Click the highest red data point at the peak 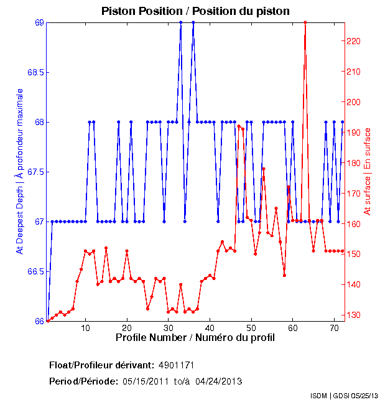coord(305,22)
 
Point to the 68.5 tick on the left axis coord(35,72)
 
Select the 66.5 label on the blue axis coord(35,271)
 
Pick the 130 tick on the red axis coord(353,315)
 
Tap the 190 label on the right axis coord(353,133)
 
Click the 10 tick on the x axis coord(85,327)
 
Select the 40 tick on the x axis coord(210,327)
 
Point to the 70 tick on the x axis coord(334,327)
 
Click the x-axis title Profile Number coord(195,337)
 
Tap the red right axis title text coord(368,171)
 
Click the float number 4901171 coord(180,365)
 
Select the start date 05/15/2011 coord(146,381)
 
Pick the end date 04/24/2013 coord(219,381)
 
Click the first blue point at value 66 coord(48,321)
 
